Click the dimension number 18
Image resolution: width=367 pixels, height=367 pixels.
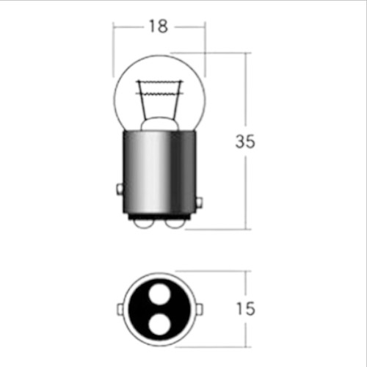point(159,26)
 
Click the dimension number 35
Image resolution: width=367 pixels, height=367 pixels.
point(245,141)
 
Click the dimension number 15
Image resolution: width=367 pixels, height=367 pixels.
point(246,309)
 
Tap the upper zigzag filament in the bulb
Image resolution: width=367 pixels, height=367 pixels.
point(160,81)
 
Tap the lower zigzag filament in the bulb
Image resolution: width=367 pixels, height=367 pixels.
point(160,93)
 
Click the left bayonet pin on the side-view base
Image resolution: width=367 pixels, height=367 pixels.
point(120,189)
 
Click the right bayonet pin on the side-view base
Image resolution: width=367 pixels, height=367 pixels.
point(200,203)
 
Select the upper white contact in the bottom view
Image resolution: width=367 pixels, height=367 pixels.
point(159,294)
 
